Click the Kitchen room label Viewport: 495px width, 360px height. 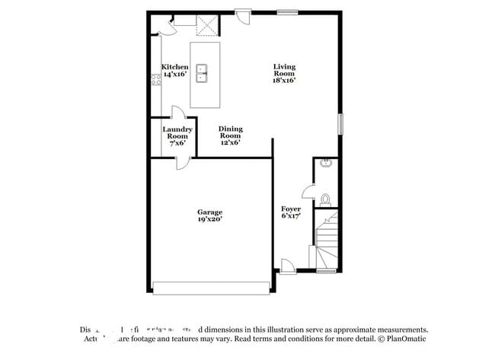point(174,71)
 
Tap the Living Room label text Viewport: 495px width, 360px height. point(284,72)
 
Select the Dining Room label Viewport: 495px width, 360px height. point(230,135)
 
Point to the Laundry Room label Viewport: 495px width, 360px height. point(177,135)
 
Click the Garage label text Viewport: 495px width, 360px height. point(209,215)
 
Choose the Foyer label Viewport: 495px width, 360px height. point(291,212)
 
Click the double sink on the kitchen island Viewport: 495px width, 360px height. point(203,73)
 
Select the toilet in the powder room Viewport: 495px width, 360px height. point(325,199)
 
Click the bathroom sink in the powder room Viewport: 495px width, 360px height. point(326,162)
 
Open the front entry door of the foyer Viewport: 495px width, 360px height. point(289,266)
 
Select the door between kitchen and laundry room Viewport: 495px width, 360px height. point(177,112)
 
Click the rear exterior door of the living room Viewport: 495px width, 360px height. point(244,15)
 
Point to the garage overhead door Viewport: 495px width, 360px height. point(211,288)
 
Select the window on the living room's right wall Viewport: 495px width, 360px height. point(341,123)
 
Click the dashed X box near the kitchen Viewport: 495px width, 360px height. point(206,25)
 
